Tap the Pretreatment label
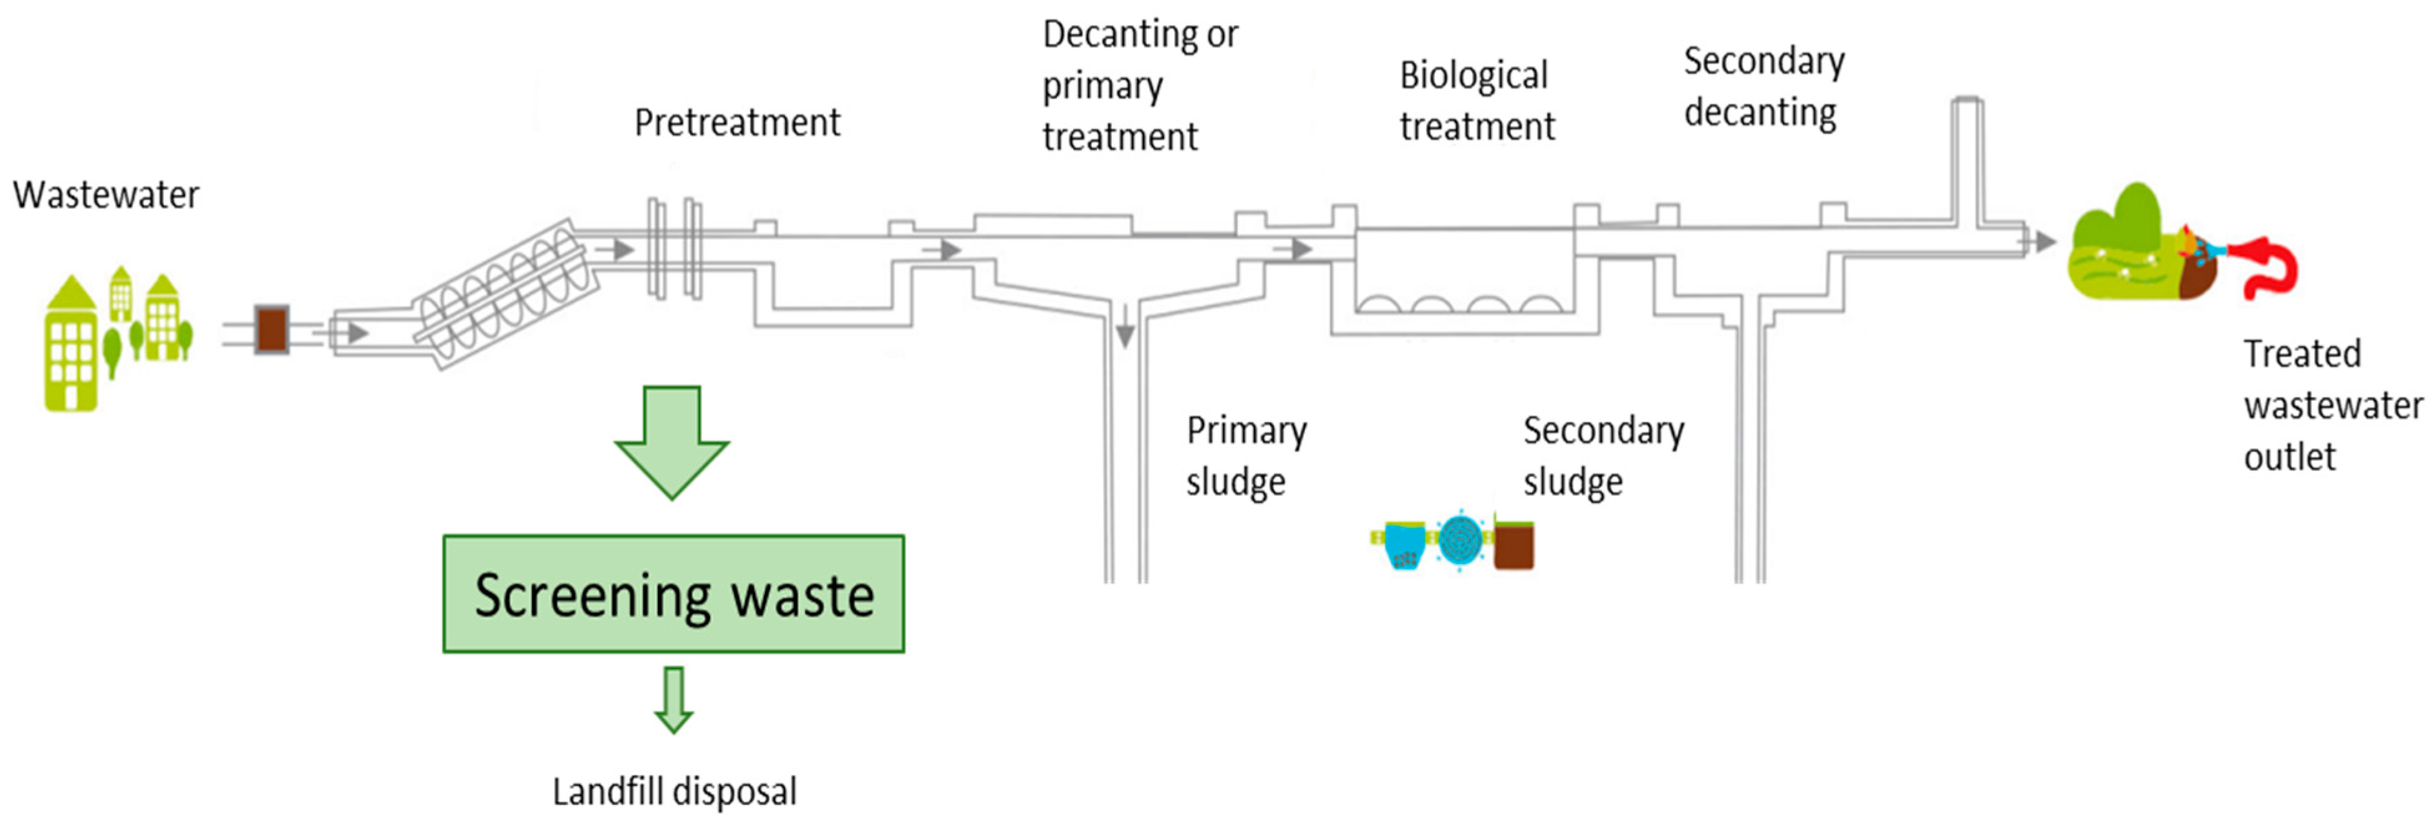736,123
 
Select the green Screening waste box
673,593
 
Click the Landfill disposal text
674,791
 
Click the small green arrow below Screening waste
673,699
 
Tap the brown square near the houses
272,329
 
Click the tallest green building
71,345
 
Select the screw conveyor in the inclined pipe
509,292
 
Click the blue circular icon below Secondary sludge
1460,540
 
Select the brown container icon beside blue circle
1513,544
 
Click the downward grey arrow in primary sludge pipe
1124,333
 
